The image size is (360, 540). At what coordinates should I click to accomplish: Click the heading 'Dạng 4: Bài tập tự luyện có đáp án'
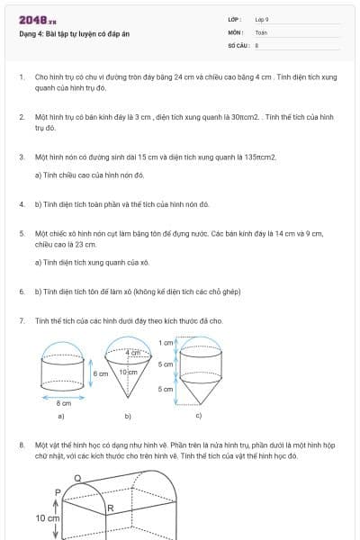tap(75, 34)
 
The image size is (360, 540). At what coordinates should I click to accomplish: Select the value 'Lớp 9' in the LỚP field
tap(262, 19)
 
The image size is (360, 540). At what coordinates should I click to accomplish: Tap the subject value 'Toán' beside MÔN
tap(261, 31)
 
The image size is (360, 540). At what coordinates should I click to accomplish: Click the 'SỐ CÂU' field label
tap(237, 44)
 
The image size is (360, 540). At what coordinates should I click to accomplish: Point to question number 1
tap(22, 77)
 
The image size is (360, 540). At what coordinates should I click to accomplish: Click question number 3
tap(22, 157)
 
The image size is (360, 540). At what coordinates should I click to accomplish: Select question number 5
tap(22, 233)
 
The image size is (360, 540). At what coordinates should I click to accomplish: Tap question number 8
tap(22, 445)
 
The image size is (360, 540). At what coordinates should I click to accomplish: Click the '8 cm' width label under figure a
tap(64, 404)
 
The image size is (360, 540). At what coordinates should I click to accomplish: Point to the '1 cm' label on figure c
tap(166, 343)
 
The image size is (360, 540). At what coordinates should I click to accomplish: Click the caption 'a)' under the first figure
tap(61, 417)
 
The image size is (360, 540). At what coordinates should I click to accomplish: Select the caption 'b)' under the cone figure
tap(128, 417)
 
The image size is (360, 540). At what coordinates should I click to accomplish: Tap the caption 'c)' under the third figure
tap(198, 416)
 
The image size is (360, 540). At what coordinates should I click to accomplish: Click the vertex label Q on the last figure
tap(77, 477)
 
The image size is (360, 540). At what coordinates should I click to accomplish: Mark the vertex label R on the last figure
tap(109, 509)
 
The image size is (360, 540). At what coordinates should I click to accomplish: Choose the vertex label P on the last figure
tap(57, 492)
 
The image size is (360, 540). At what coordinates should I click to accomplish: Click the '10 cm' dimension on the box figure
tap(47, 519)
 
